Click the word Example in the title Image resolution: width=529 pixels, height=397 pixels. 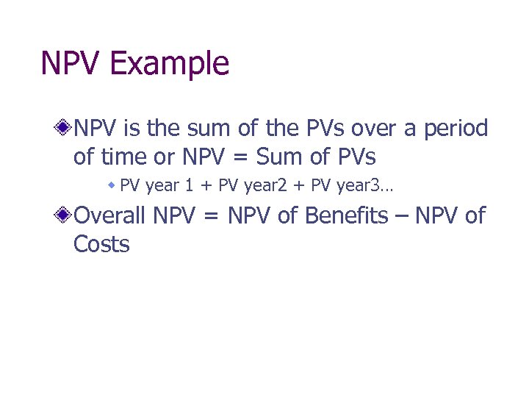(170, 64)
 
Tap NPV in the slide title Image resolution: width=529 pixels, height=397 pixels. (72, 64)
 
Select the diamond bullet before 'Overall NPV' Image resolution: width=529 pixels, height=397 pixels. (65, 216)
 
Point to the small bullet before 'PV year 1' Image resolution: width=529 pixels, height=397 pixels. (112, 185)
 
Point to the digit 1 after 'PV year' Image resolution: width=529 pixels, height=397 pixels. (189, 185)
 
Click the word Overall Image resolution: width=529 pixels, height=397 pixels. (111, 216)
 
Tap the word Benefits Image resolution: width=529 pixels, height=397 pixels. (344, 216)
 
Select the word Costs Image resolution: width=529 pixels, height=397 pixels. (101, 244)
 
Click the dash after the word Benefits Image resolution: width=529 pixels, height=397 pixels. (401, 216)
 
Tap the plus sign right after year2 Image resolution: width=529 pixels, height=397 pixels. (301, 185)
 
